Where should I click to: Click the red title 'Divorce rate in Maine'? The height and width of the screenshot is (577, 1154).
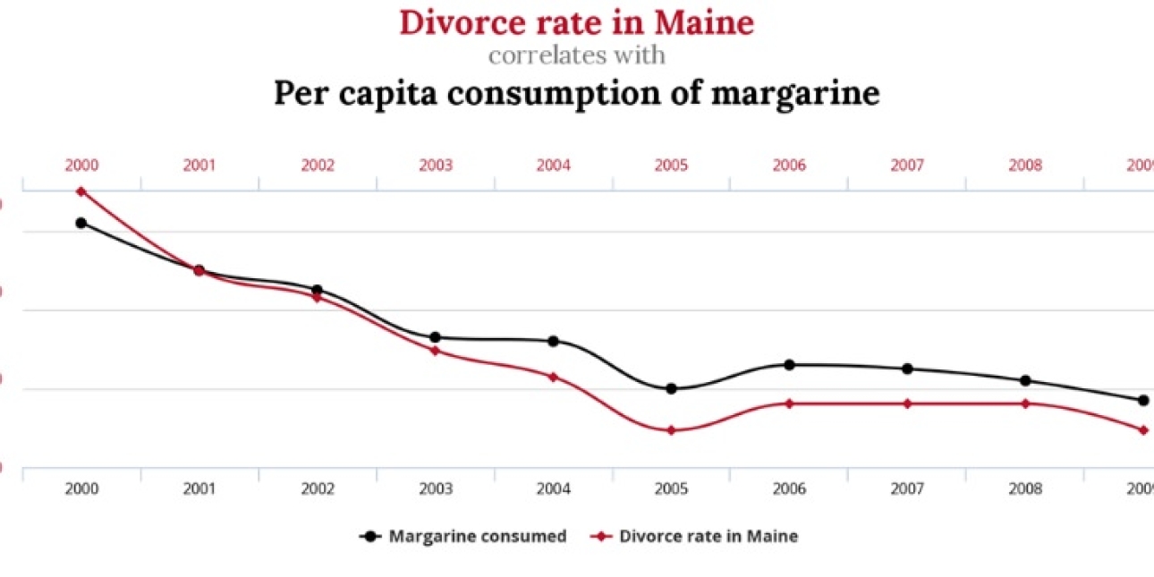[576, 21]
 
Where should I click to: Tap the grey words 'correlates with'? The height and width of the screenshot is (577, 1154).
[576, 55]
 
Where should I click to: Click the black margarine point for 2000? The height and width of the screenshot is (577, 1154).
[81, 223]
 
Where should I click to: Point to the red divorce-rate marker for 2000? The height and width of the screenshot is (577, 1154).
[81, 191]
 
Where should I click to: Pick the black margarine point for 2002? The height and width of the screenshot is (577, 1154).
[317, 290]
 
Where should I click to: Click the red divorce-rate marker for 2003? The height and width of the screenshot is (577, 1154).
[435, 351]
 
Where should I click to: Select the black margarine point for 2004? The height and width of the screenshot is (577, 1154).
[553, 341]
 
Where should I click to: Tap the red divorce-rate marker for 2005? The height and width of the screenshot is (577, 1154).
[671, 430]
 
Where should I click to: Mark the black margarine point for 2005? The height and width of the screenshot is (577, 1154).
[671, 388]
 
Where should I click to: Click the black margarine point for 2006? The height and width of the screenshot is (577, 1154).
[789, 365]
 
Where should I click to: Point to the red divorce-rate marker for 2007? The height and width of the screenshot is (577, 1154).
[907, 403]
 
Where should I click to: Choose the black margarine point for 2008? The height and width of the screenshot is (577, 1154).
[1025, 380]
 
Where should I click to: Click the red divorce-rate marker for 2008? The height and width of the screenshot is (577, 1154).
[1025, 403]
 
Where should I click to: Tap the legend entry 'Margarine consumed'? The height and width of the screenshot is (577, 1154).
[477, 537]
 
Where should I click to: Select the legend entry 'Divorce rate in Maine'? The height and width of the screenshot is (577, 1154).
[708, 537]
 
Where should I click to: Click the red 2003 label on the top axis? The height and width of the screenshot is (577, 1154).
[435, 165]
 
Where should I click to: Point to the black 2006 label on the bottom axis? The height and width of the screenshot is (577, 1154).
[789, 489]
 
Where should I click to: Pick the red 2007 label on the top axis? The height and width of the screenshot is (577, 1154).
[907, 165]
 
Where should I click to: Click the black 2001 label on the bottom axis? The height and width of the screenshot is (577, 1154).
[199, 489]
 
